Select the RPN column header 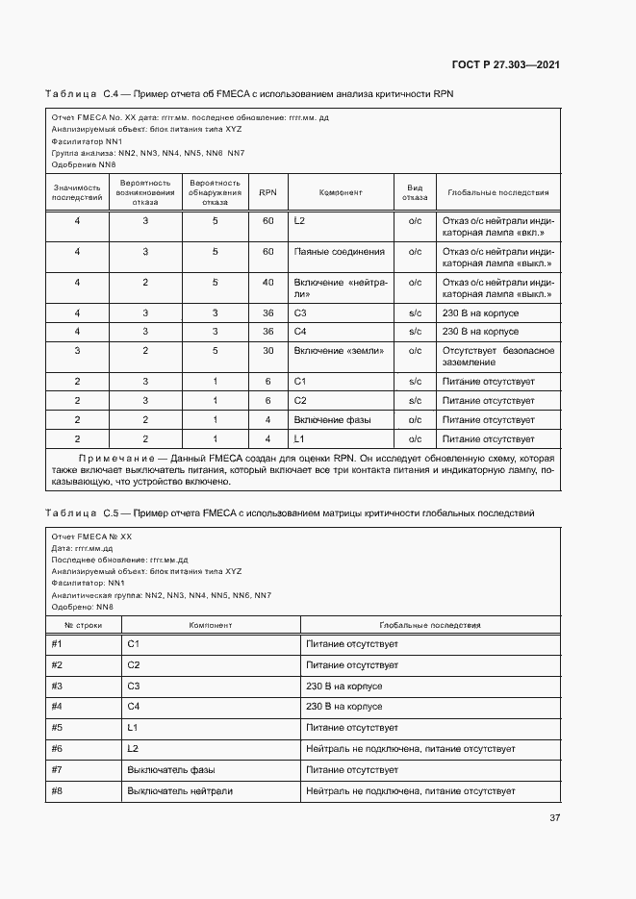pyautogui.click(x=267, y=192)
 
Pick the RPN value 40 pyautogui.click(x=267, y=283)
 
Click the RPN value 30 pyautogui.click(x=267, y=351)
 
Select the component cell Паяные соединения pyautogui.click(x=339, y=252)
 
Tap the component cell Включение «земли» pyautogui.click(x=339, y=351)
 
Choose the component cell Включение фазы pyautogui.click(x=332, y=420)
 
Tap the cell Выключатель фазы pyautogui.click(x=170, y=770)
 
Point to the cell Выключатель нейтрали pyautogui.click(x=179, y=791)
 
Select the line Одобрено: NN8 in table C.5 pyautogui.click(x=82, y=607)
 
